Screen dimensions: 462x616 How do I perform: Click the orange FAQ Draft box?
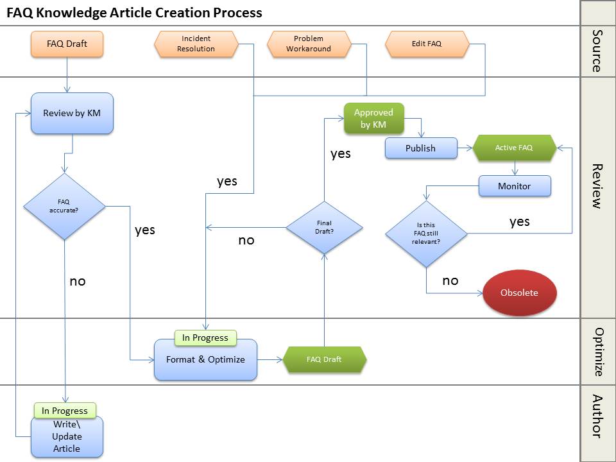point(67,44)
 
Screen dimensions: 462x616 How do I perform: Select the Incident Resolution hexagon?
point(196,44)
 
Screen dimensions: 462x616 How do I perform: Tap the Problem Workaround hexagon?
point(309,44)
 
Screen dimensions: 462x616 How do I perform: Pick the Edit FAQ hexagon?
point(426,44)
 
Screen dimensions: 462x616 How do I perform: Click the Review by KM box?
point(72,114)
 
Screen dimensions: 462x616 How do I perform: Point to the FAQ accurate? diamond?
point(64,206)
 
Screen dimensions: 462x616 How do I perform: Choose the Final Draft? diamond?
point(325,227)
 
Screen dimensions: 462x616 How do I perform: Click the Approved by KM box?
point(373,119)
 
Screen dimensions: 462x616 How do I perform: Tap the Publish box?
point(420,148)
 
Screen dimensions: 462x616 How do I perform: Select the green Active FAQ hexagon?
point(514,148)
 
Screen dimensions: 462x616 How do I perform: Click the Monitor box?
point(515,186)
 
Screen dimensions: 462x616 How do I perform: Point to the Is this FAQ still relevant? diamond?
point(426,234)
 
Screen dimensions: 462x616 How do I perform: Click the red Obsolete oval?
point(519,293)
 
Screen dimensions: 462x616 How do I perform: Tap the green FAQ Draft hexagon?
point(324,359)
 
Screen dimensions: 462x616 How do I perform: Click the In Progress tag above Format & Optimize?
point(205,338)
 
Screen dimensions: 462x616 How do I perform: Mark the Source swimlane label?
point(597,51)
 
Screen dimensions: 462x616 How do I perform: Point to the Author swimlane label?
point(597,416)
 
